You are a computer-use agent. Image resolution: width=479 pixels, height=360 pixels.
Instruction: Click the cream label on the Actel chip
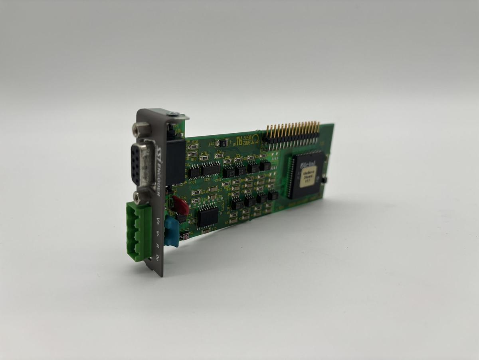point(307,177)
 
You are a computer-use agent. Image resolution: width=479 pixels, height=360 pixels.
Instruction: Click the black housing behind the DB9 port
point(176,160)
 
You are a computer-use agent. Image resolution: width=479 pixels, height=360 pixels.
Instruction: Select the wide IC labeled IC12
point(210,169)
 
